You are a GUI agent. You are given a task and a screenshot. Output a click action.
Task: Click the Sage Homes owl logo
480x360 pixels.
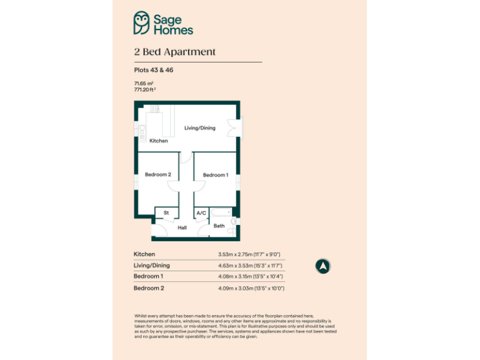point(142,23)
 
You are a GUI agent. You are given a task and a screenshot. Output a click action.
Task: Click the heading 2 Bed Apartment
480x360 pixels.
point(174,52)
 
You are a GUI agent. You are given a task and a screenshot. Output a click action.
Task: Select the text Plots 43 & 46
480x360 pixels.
point(153,70)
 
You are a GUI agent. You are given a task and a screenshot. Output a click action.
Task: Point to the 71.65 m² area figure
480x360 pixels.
point(144,83)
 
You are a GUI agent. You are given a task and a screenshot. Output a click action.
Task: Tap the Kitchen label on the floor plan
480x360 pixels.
point(159,141)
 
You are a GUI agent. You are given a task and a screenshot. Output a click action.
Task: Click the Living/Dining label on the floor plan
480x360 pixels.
point(199,128)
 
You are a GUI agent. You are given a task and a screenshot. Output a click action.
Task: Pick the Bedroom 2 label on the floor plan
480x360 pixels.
point(157,174)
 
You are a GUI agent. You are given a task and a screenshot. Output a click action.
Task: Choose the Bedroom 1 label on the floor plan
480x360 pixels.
point(215,175)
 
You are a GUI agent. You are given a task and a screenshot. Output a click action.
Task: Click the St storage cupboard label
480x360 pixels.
point(166,213)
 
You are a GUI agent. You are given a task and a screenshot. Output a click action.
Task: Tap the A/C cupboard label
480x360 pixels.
point(201,213)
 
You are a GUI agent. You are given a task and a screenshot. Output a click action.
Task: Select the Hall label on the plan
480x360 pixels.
point(182,227)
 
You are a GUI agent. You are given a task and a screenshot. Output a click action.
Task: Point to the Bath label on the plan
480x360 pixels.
point(219,226)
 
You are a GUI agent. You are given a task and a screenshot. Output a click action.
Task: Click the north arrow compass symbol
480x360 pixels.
point(323,266)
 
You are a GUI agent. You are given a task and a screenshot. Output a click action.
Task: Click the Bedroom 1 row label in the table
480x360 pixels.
point(148,276)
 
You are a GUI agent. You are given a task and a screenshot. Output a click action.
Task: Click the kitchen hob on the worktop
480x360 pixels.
point(154,109)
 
